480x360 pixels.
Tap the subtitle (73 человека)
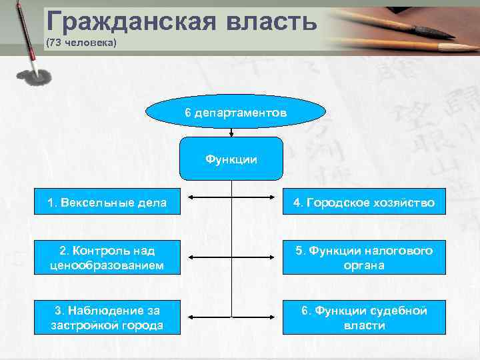81,43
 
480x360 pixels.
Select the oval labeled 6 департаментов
231,113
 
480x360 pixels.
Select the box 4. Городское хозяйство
364,202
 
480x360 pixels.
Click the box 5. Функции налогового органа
364,257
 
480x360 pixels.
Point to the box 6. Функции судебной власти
364,317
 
